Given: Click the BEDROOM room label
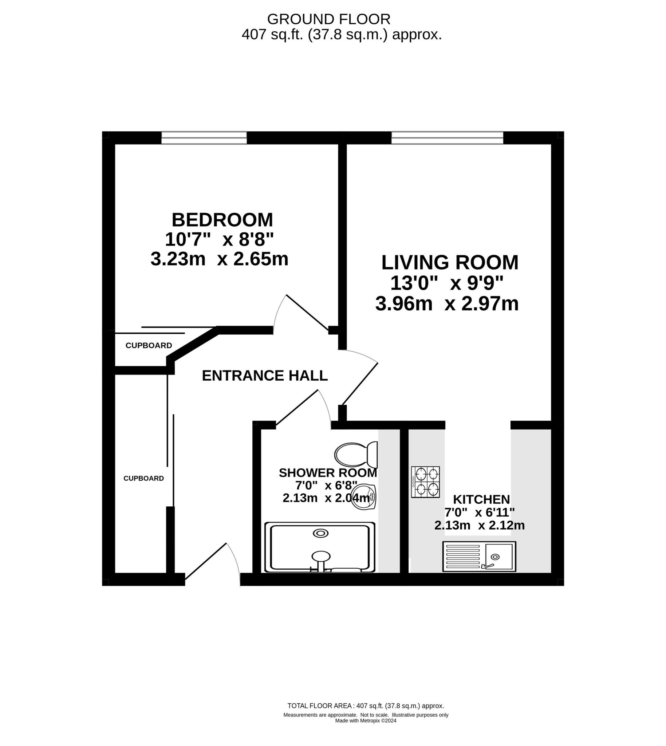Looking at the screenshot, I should [222, 220].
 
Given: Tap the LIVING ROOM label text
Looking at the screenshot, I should [450, 263].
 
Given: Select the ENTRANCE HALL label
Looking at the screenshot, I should [265, 376].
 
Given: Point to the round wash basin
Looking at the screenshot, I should [364, 497].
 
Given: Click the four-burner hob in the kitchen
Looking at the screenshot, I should [425, 482].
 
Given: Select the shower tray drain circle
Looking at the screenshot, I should [320, 533].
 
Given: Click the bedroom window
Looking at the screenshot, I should [204, 138].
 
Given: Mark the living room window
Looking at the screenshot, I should [447, 138].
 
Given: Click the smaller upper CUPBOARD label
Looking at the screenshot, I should [149, 346].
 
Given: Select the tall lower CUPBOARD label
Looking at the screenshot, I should [143, 478].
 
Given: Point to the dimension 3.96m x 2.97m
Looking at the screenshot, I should [447, 304].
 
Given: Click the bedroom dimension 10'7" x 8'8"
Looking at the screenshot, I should [219, 240].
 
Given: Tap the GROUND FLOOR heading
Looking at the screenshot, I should [328, 19].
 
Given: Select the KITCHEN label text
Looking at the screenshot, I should [481, 499].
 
